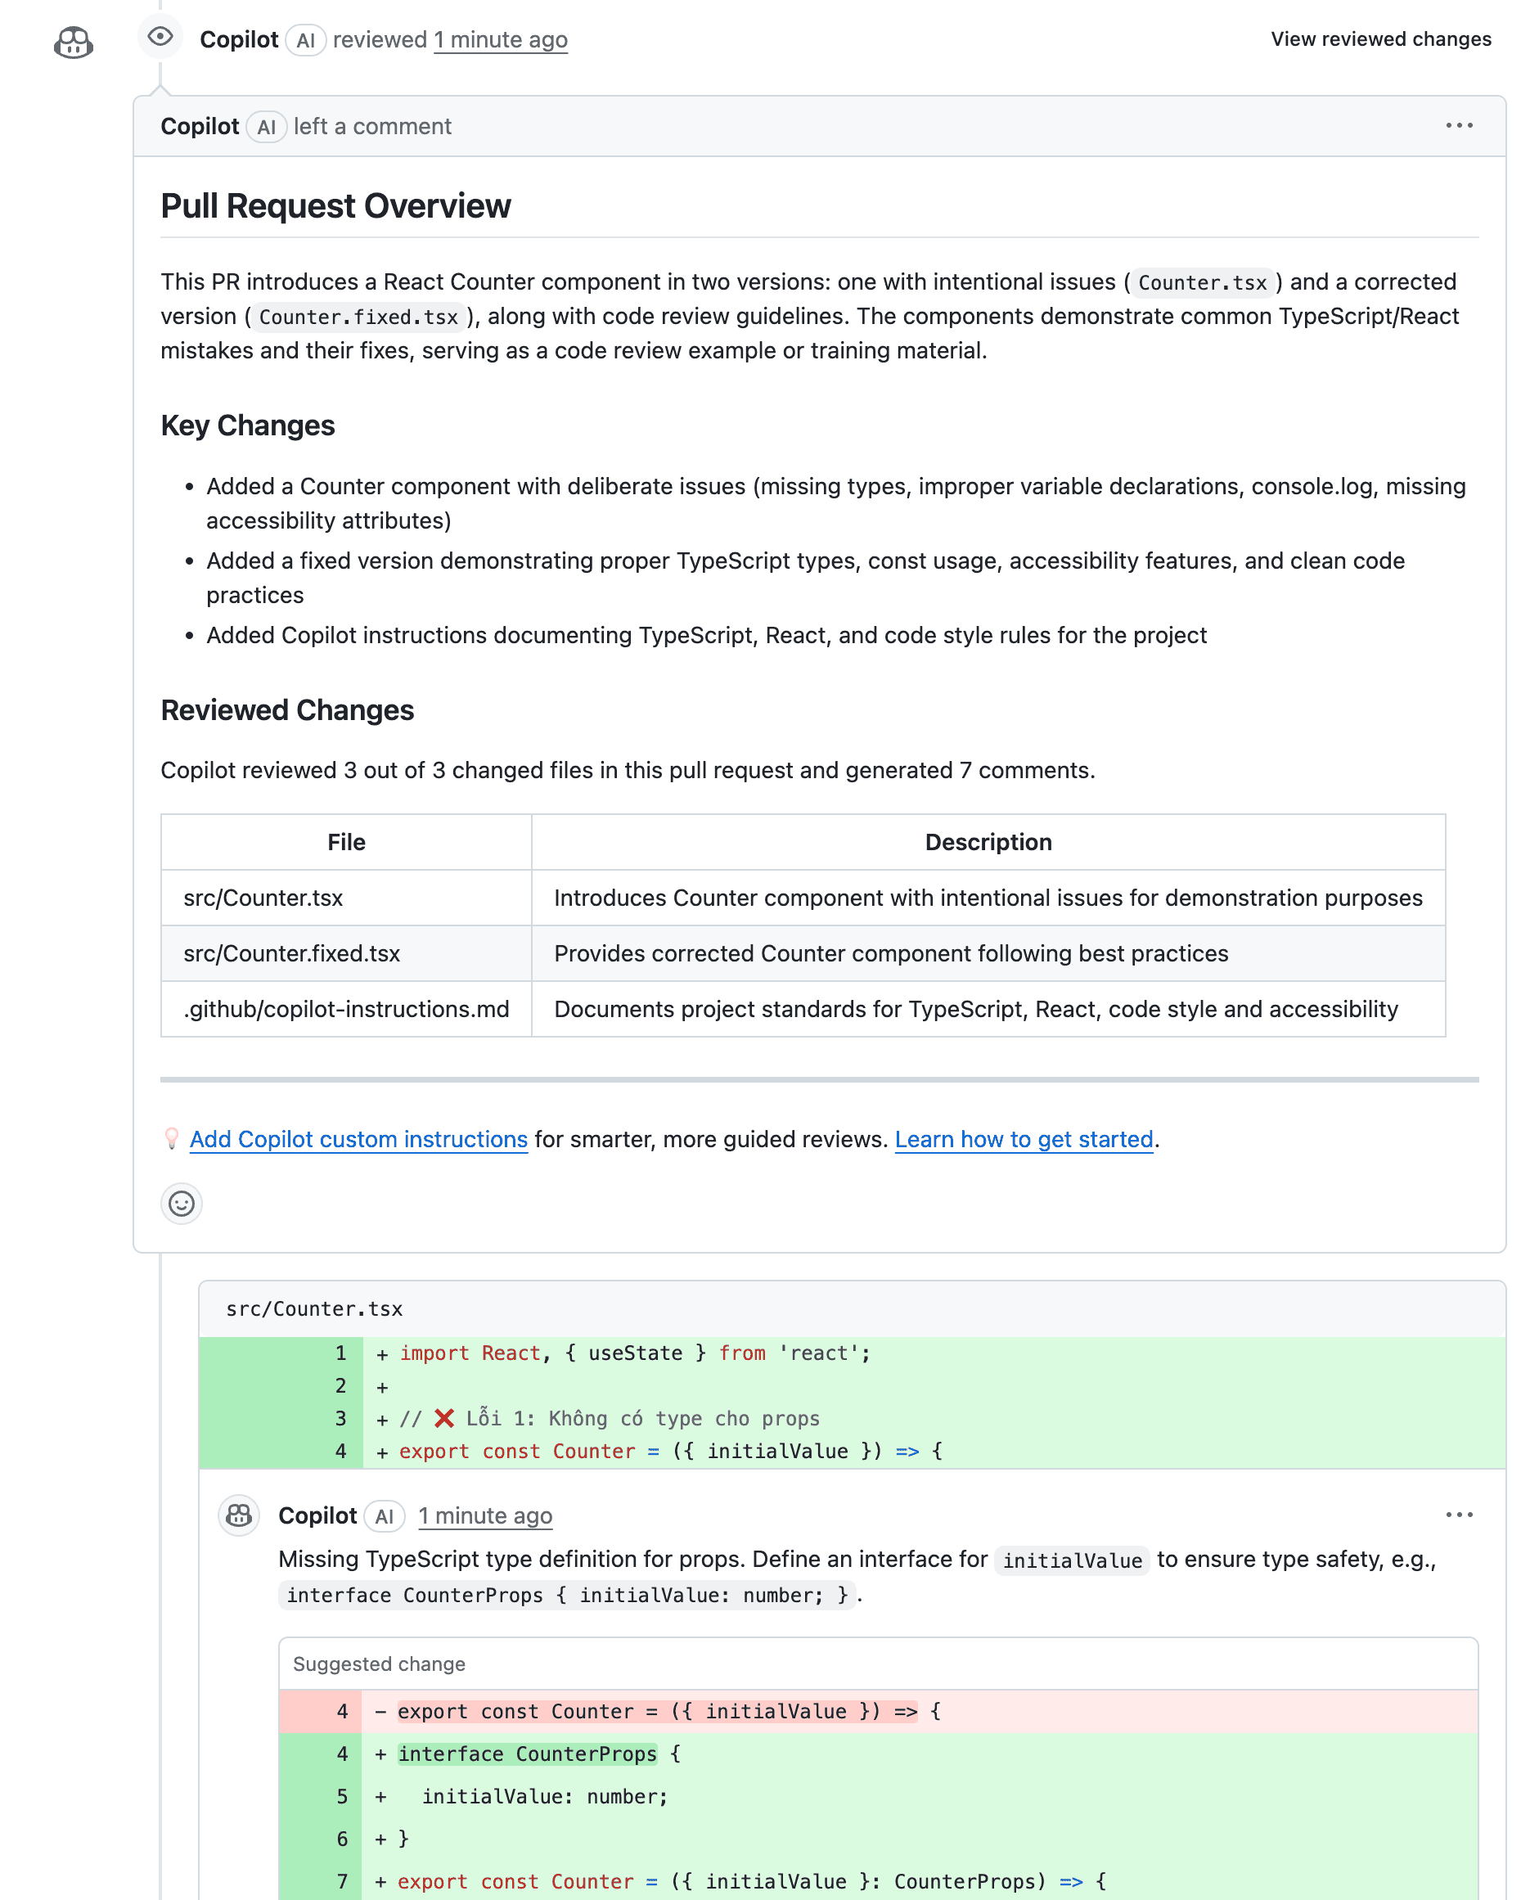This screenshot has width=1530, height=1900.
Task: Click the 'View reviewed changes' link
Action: pyautogui.click(x=1380, y=39)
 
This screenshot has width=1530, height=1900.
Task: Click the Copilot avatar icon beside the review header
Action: pyautogui.click(x=73, y=43)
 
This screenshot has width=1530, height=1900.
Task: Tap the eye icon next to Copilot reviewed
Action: pyautogui.click(x=160, y=37)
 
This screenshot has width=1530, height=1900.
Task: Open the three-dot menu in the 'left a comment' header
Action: pyautogui.click(x=1459, y=126)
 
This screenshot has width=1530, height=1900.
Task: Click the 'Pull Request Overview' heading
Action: pyautogui.click(x=335, y=206)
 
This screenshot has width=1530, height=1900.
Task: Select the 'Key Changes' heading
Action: pyautogui.click(x=248, y=425)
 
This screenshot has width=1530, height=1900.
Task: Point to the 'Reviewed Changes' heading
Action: pyautogui.click(x=287, y=710)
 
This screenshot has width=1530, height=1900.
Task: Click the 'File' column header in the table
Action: pyautogui.click(x=345, y=843)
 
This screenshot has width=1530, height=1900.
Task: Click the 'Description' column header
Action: pyautogui.click(x=988, y=843)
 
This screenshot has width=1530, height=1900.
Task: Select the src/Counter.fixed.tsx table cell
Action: pyautogui.click(x=292, y=953)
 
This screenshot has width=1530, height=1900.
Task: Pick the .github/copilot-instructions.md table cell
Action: pyautogui.click(x=345, y=1009)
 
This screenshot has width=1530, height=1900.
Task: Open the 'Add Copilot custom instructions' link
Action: pyautogui.click(x=358, y=1140)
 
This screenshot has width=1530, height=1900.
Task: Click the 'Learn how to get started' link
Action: pyautogui.click(x=1024, y=1140)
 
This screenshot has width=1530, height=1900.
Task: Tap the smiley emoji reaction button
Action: pyautogui.click(x=182, y=1204)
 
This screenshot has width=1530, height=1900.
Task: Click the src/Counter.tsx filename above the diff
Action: pyautogui.click(x=313, y=1308)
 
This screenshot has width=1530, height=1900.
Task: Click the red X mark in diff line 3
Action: pyautogui.click(x=444, y=1418)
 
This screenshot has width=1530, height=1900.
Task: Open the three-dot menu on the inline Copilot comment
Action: pyautogui.click(x=1459, y=1515)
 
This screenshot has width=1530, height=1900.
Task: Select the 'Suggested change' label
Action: pyautogui.click(x=379, y=1664)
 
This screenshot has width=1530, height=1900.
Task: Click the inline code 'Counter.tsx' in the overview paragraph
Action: pyautogui.click(x=1202, y=283)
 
